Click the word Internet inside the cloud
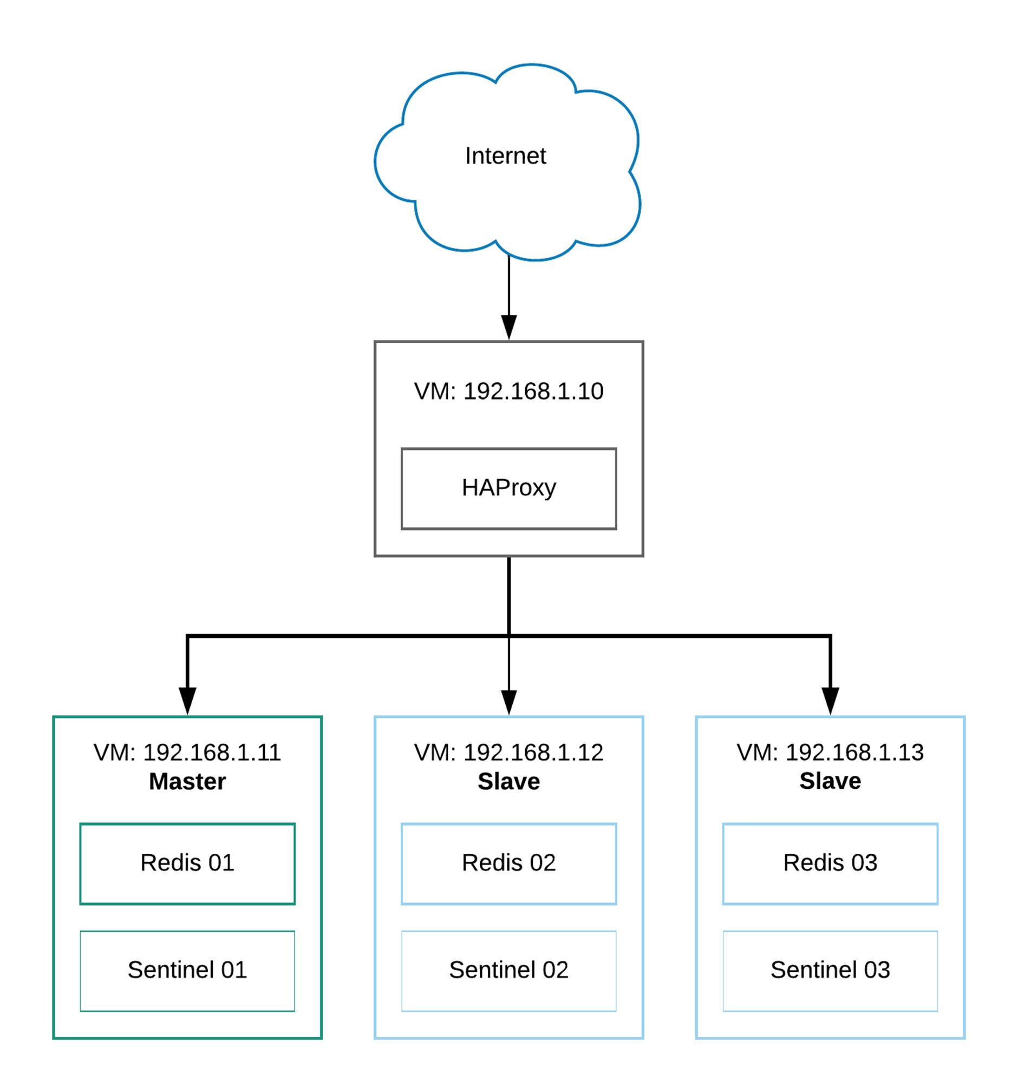click(x=505, y=156)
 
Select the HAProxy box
click(x=508, y=488)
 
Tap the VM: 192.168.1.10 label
click(x=508, y=391)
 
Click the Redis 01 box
click(x=187, y=864)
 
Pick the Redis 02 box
click(x=508, y=864)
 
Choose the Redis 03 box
click(x=830, y=864)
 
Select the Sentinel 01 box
click(x=187, y=971)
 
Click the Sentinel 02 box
click(x=508, y=971)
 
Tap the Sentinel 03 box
click(x=830, y=971)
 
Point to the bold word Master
click(x=187, y=781)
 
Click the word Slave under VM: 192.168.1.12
click(x=508, y=781)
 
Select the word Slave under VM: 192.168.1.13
click(x=830, y=781)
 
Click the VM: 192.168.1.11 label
click(x=187, y=752)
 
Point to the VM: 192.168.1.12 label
click(x=508, y=752)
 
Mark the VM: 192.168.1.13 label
click(x=830, y=752)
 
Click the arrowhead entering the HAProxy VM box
click(x=508, y=328)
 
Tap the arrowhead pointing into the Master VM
click(x=187, y=701)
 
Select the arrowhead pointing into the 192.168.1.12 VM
click(x=508, y=703)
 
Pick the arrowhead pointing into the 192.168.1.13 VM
click(x=830, y=701)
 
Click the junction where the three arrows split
click(x=508, y=636)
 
